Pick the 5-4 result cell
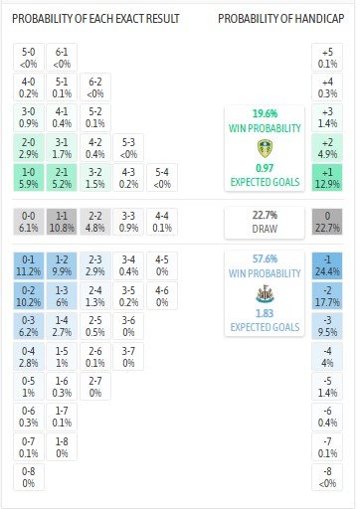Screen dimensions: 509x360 [159, 177]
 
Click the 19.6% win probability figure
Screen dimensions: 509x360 [264, 113]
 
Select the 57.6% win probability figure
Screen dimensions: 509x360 [264, 256]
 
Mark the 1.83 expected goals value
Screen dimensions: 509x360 [264, 314]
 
